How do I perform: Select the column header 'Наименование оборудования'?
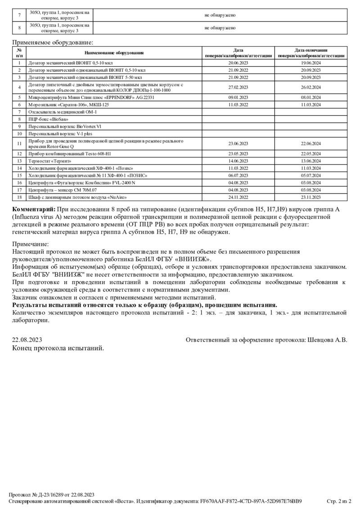click(x=114, y=53)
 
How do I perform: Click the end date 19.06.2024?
click(x=311, y=63)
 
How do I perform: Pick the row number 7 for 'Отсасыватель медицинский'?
click(x=19, y=112)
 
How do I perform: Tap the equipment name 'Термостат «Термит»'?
click(x=49, y=161)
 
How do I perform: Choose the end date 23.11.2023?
click(x=311, y=197)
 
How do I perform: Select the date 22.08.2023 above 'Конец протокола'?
click(x=27, y=340)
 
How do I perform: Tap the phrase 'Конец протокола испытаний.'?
click(x=58, y=348)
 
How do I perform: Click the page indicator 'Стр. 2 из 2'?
click(x=339, y=501)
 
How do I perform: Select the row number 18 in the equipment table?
click(x=19, y=197)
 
